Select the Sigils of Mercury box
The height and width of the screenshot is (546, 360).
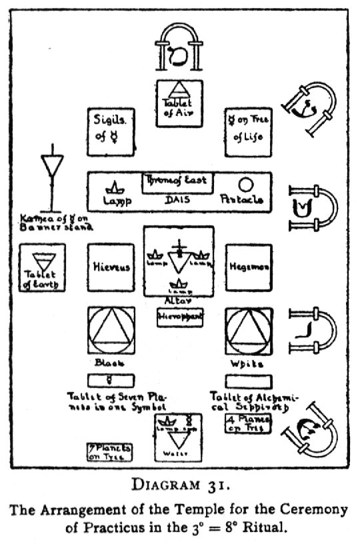[x=111, y=130]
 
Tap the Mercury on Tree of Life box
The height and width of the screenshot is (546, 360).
[x=248, y=130]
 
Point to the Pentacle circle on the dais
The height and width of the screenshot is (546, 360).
[x=246, y=184]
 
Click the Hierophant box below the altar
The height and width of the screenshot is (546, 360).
[x=179, y=319]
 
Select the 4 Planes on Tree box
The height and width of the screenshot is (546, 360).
[x=248, y=423]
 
